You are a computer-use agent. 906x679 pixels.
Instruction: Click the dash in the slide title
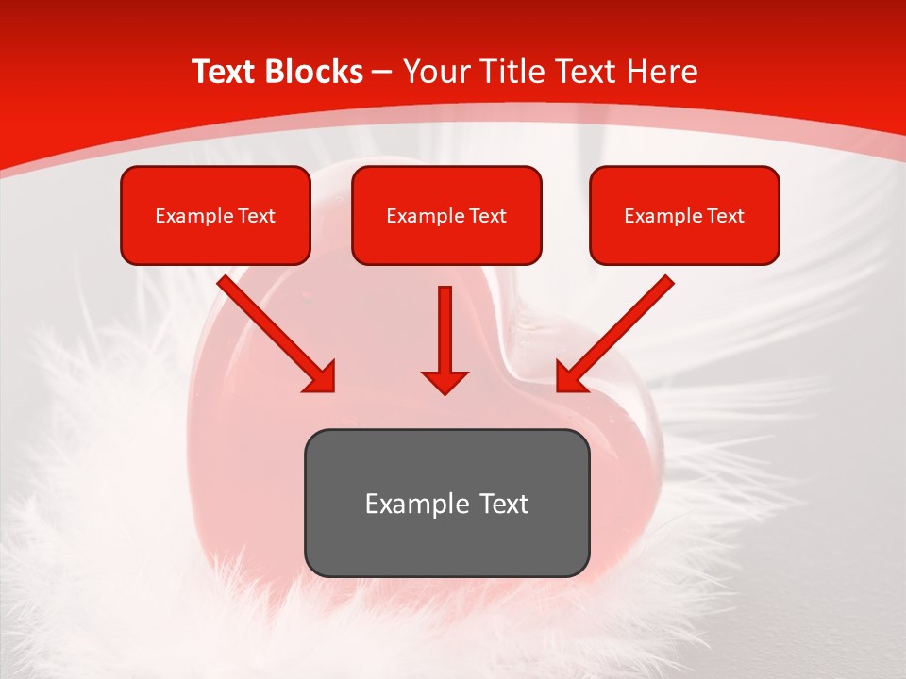[x=383, y=73]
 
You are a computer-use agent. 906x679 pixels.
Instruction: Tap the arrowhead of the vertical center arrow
[x=445, y=381]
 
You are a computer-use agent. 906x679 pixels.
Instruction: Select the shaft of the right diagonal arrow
[x=628, y=321]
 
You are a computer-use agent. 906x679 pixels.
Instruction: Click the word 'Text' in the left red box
[x=257, y=216]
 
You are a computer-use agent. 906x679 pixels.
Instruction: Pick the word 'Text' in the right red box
[x=726, y=216]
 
